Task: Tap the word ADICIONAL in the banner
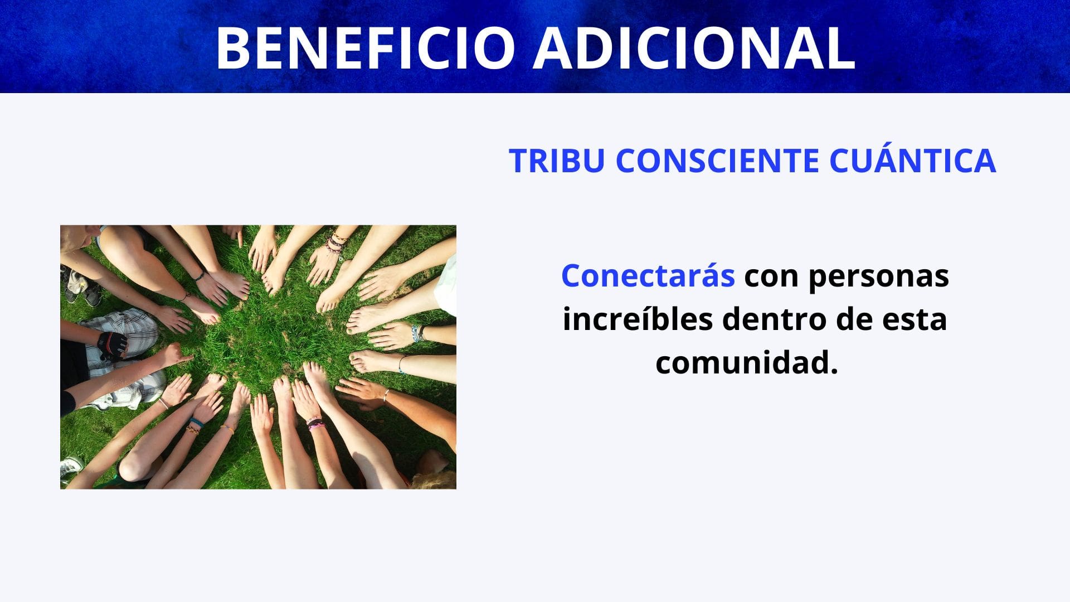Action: pyautogui.click(x=694, y=48)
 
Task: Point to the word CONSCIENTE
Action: pyautogui.click(x=717, y=161)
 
